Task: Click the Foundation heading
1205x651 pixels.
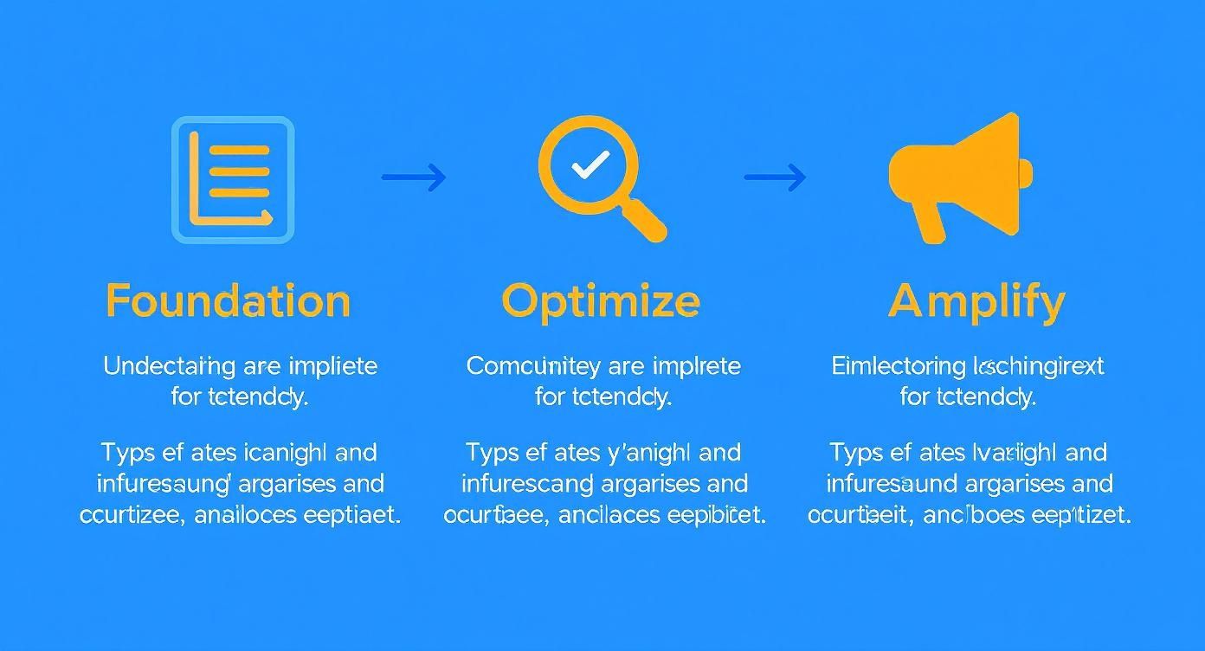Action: [228, 301]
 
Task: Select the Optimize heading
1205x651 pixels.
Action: [600, 301]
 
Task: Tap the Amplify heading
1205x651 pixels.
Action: [976, 301]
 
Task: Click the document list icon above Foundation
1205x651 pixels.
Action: [233, 179]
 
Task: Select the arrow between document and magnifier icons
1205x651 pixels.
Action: [414, 177]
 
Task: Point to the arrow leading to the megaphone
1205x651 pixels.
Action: [775, 177]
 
